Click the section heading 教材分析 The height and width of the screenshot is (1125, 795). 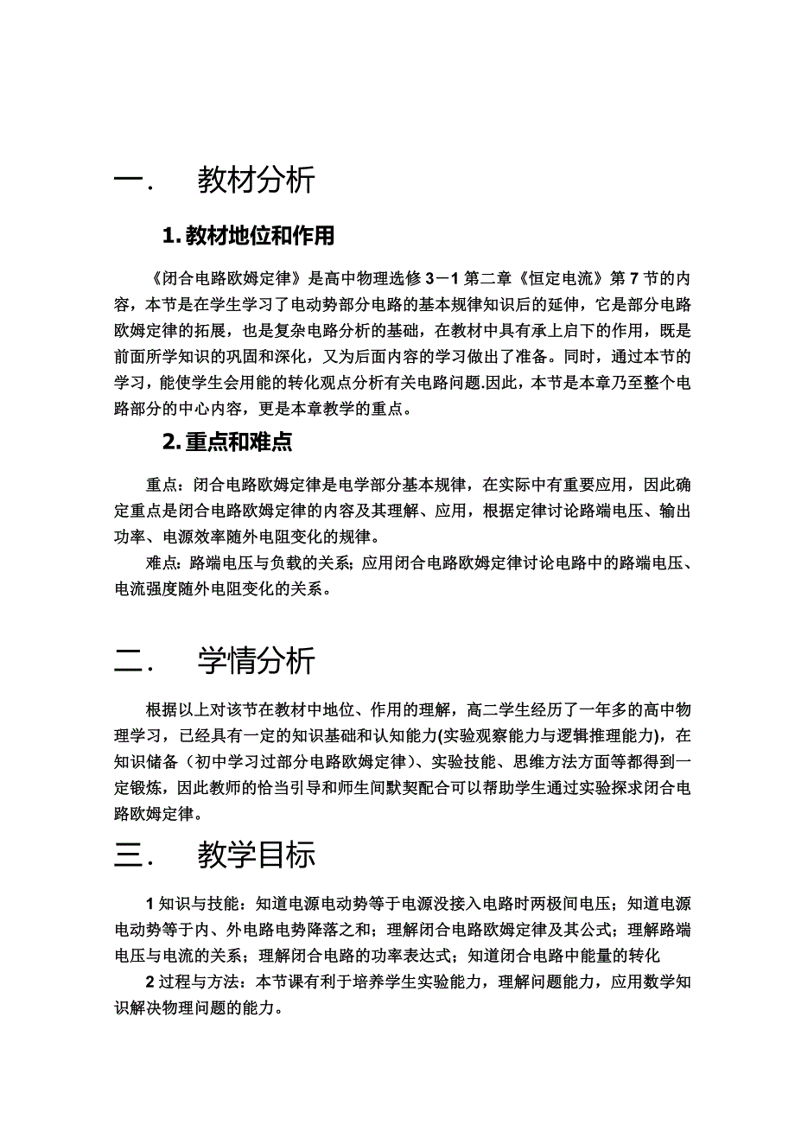[256, 181]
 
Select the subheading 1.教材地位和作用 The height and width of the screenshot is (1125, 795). [249, 235]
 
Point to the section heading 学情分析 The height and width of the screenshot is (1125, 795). [256, 662]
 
